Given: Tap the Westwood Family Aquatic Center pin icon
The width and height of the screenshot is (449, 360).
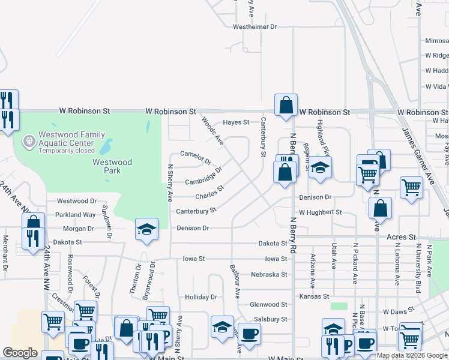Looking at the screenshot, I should click(x=28, y=142).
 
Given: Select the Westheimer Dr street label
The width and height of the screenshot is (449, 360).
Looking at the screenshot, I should click(x=255, y=27).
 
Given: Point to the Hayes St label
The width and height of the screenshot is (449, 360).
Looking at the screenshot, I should click(x=236, y=122).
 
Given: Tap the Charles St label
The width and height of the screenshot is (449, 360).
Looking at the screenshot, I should click(x=209, y=193).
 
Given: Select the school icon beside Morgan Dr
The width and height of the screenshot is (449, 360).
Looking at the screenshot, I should click(x=146, y=229).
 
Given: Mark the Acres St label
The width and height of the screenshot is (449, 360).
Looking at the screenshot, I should click(x=401, y=238).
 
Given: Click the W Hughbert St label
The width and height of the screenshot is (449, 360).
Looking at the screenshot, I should click(x=320, y=212).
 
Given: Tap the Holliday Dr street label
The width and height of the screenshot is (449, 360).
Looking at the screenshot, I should click(x=200, y=297).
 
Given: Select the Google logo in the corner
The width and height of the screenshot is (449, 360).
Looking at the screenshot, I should click(x=20, y=352).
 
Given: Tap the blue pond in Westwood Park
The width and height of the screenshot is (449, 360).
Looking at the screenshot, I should click(x=106, y=147).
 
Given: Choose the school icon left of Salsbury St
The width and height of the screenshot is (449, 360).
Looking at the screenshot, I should click(x=222, y=326).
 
